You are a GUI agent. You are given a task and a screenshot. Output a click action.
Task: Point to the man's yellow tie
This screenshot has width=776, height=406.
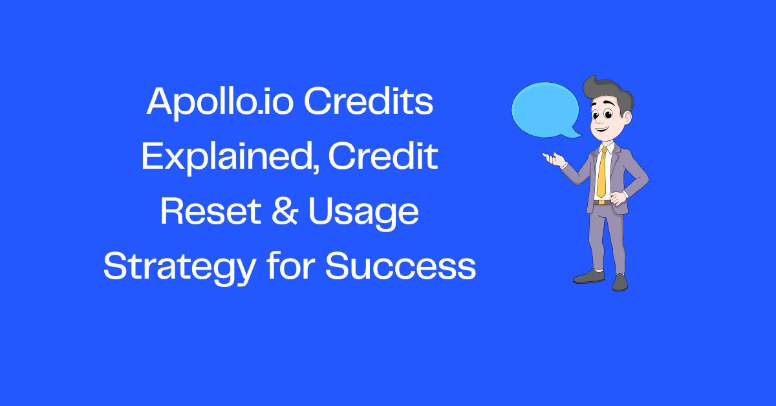coord(602,171)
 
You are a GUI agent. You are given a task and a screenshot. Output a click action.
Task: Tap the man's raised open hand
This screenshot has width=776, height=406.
coord(552,156)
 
